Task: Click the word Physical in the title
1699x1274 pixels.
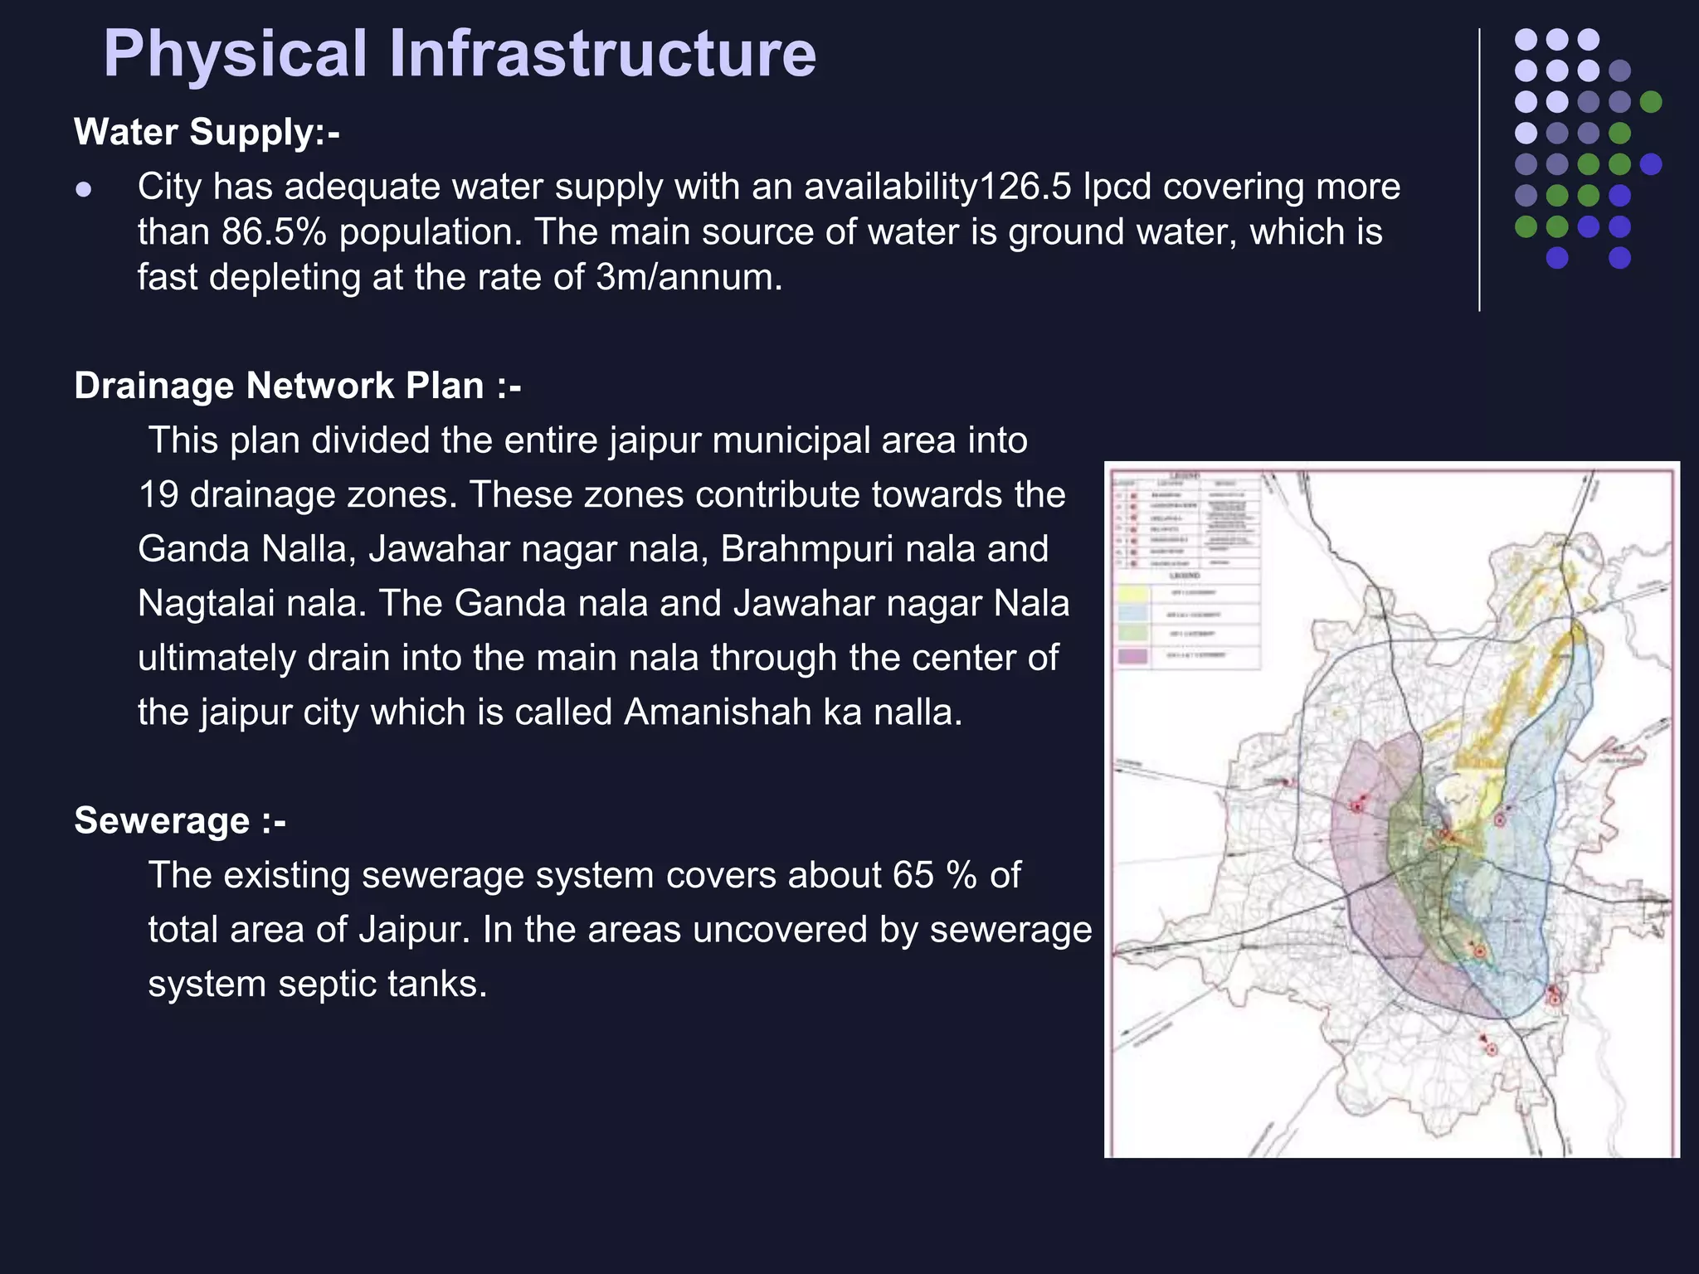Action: pyautogui.click(x=235, y=55)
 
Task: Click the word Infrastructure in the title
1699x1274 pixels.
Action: pyautogui.click(x=602, y=55)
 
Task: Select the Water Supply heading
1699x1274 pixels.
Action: pyautogui.click(x=207, y=132)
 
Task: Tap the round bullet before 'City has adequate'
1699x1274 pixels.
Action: pyautogui.click(x=83, y=190)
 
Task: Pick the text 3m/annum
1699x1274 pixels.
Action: pyautogui.click(x=689, y=277)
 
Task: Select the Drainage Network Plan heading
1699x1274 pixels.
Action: pyautogui.click(x=297, y=386)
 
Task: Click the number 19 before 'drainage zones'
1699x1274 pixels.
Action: pyautogui.click(x=158, y=495)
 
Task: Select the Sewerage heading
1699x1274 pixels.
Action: pyautogui.click(x=179, y=821)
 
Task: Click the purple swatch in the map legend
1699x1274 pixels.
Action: pyautogui.click(x=1133, y=656)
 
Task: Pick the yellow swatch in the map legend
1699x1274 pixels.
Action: pyautogui.click(x=1133, y=594)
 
